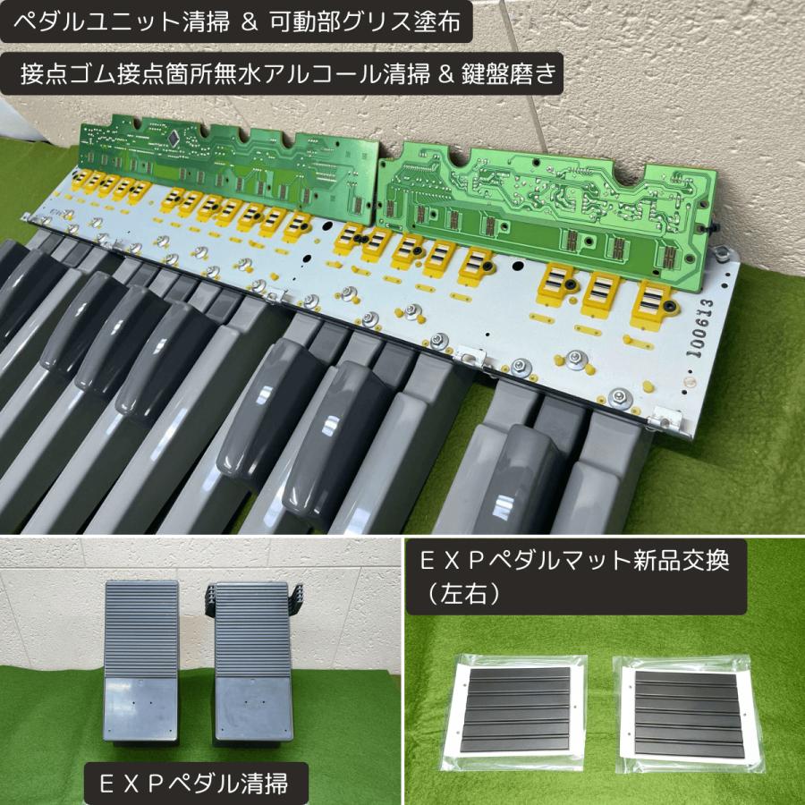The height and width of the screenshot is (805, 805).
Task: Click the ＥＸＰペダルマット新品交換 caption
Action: coord(577,562)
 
